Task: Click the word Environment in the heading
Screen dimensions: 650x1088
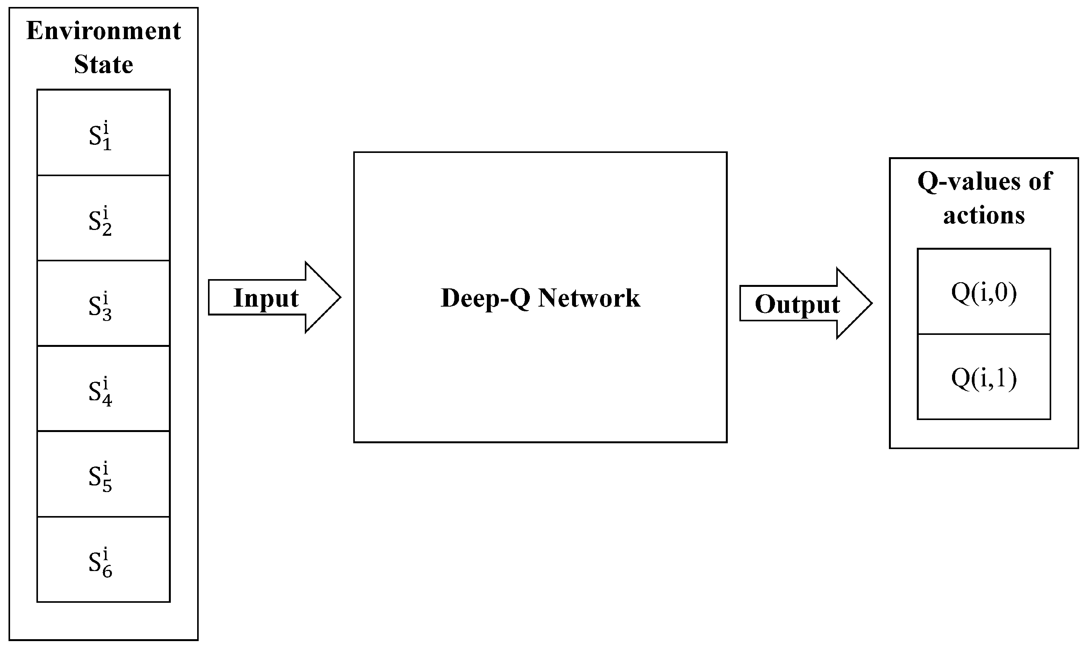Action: pos(103,31)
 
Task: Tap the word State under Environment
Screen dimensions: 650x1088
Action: pos(103,64)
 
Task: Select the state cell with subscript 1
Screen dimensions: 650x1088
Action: pos(103,133)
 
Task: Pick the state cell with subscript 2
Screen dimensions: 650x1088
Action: pos(103,218)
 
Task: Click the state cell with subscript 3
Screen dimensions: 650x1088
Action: pos(103,304)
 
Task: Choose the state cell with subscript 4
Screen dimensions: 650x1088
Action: pos(103,389)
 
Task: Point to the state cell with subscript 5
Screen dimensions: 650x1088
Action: pos(103,474)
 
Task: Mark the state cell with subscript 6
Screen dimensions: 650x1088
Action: pos(103,560)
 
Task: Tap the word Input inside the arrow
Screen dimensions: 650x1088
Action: pos(266,298)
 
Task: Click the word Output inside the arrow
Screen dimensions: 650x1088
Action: pos(797,304)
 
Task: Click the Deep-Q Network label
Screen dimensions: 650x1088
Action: pos(540,298)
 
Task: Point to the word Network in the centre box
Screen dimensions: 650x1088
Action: pos(589,298)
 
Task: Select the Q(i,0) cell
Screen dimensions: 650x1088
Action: pos(984,292)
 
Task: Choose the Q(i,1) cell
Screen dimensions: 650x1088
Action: pos(984,377)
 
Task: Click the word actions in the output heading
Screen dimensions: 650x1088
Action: pos(984,215)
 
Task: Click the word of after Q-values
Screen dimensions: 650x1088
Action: pos(1039,181)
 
